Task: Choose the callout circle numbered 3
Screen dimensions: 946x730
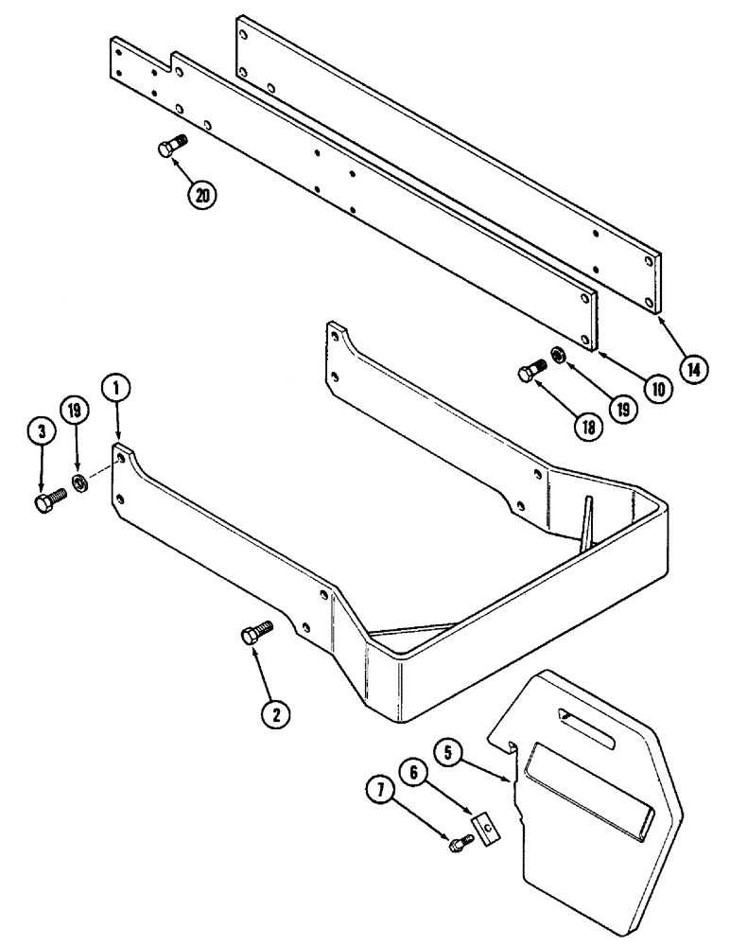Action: point(42,431)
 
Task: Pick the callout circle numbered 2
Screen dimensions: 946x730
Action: point(275,716)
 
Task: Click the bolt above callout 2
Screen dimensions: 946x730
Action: point(256,633)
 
